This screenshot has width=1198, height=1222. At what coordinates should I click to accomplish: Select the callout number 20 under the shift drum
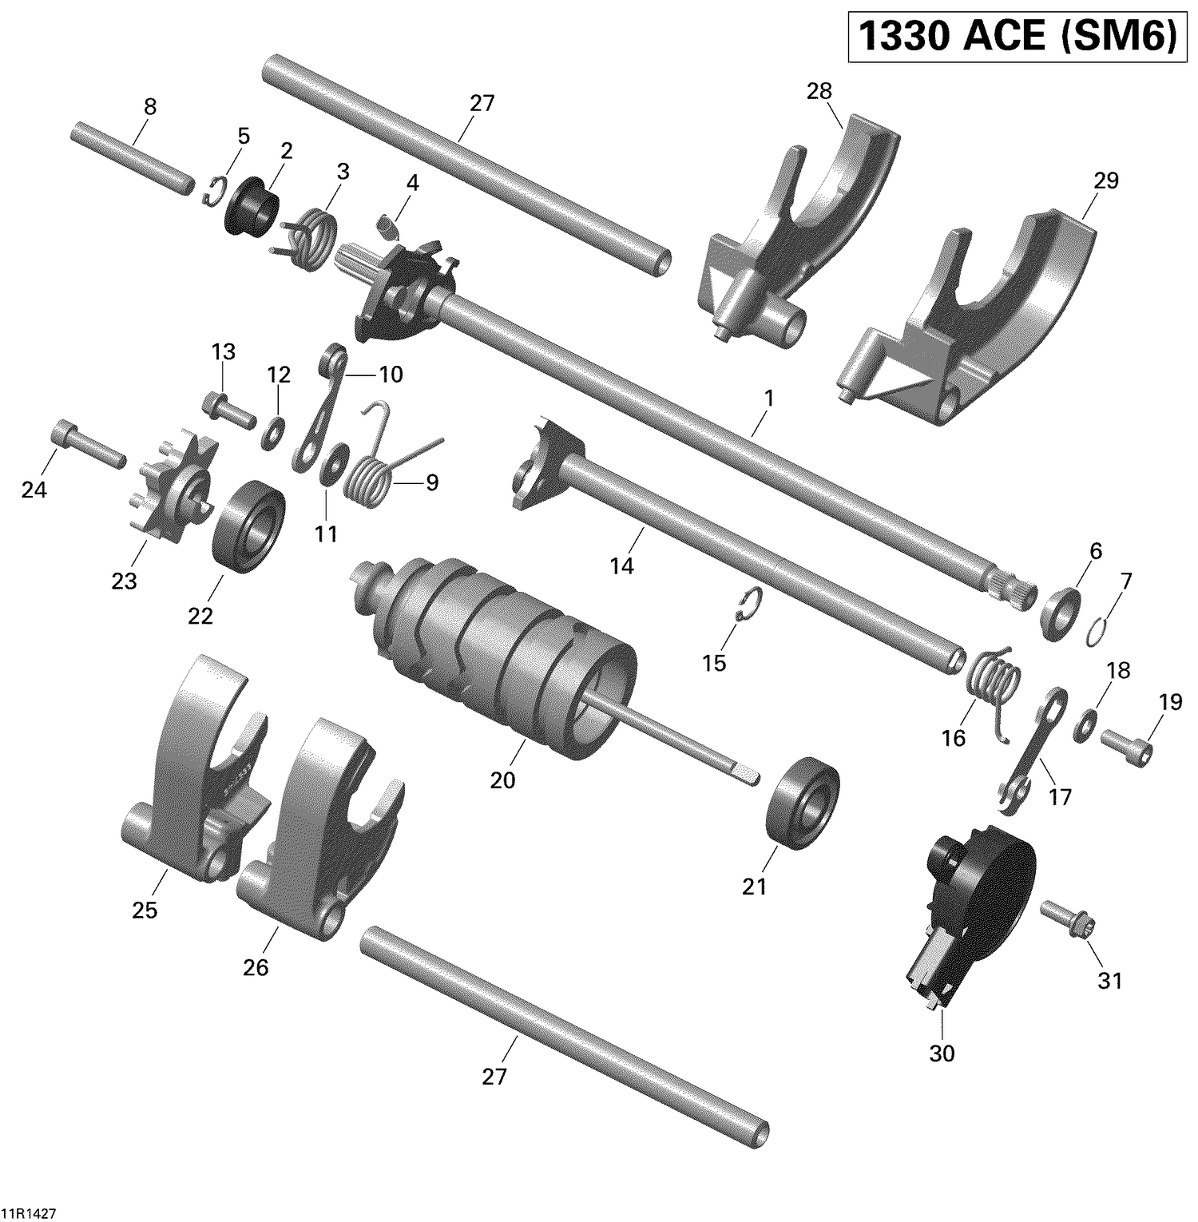coord(502,780)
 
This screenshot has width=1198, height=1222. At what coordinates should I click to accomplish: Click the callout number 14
coord(621,565)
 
